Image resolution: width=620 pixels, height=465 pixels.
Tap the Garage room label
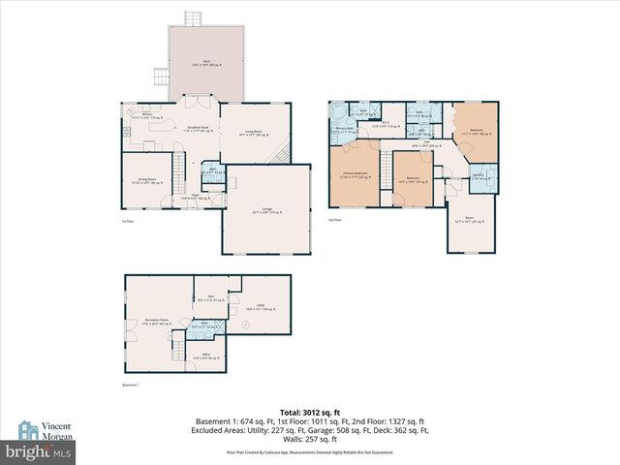tap(259, 212)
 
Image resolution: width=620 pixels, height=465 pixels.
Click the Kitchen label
tap(148, 115)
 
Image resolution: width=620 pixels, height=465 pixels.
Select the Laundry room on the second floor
tap(479, 175)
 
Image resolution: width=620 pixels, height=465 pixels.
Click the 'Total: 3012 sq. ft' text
tap(309, 412)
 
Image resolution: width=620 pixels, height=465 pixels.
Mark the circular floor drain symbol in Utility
tap(246, 325)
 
